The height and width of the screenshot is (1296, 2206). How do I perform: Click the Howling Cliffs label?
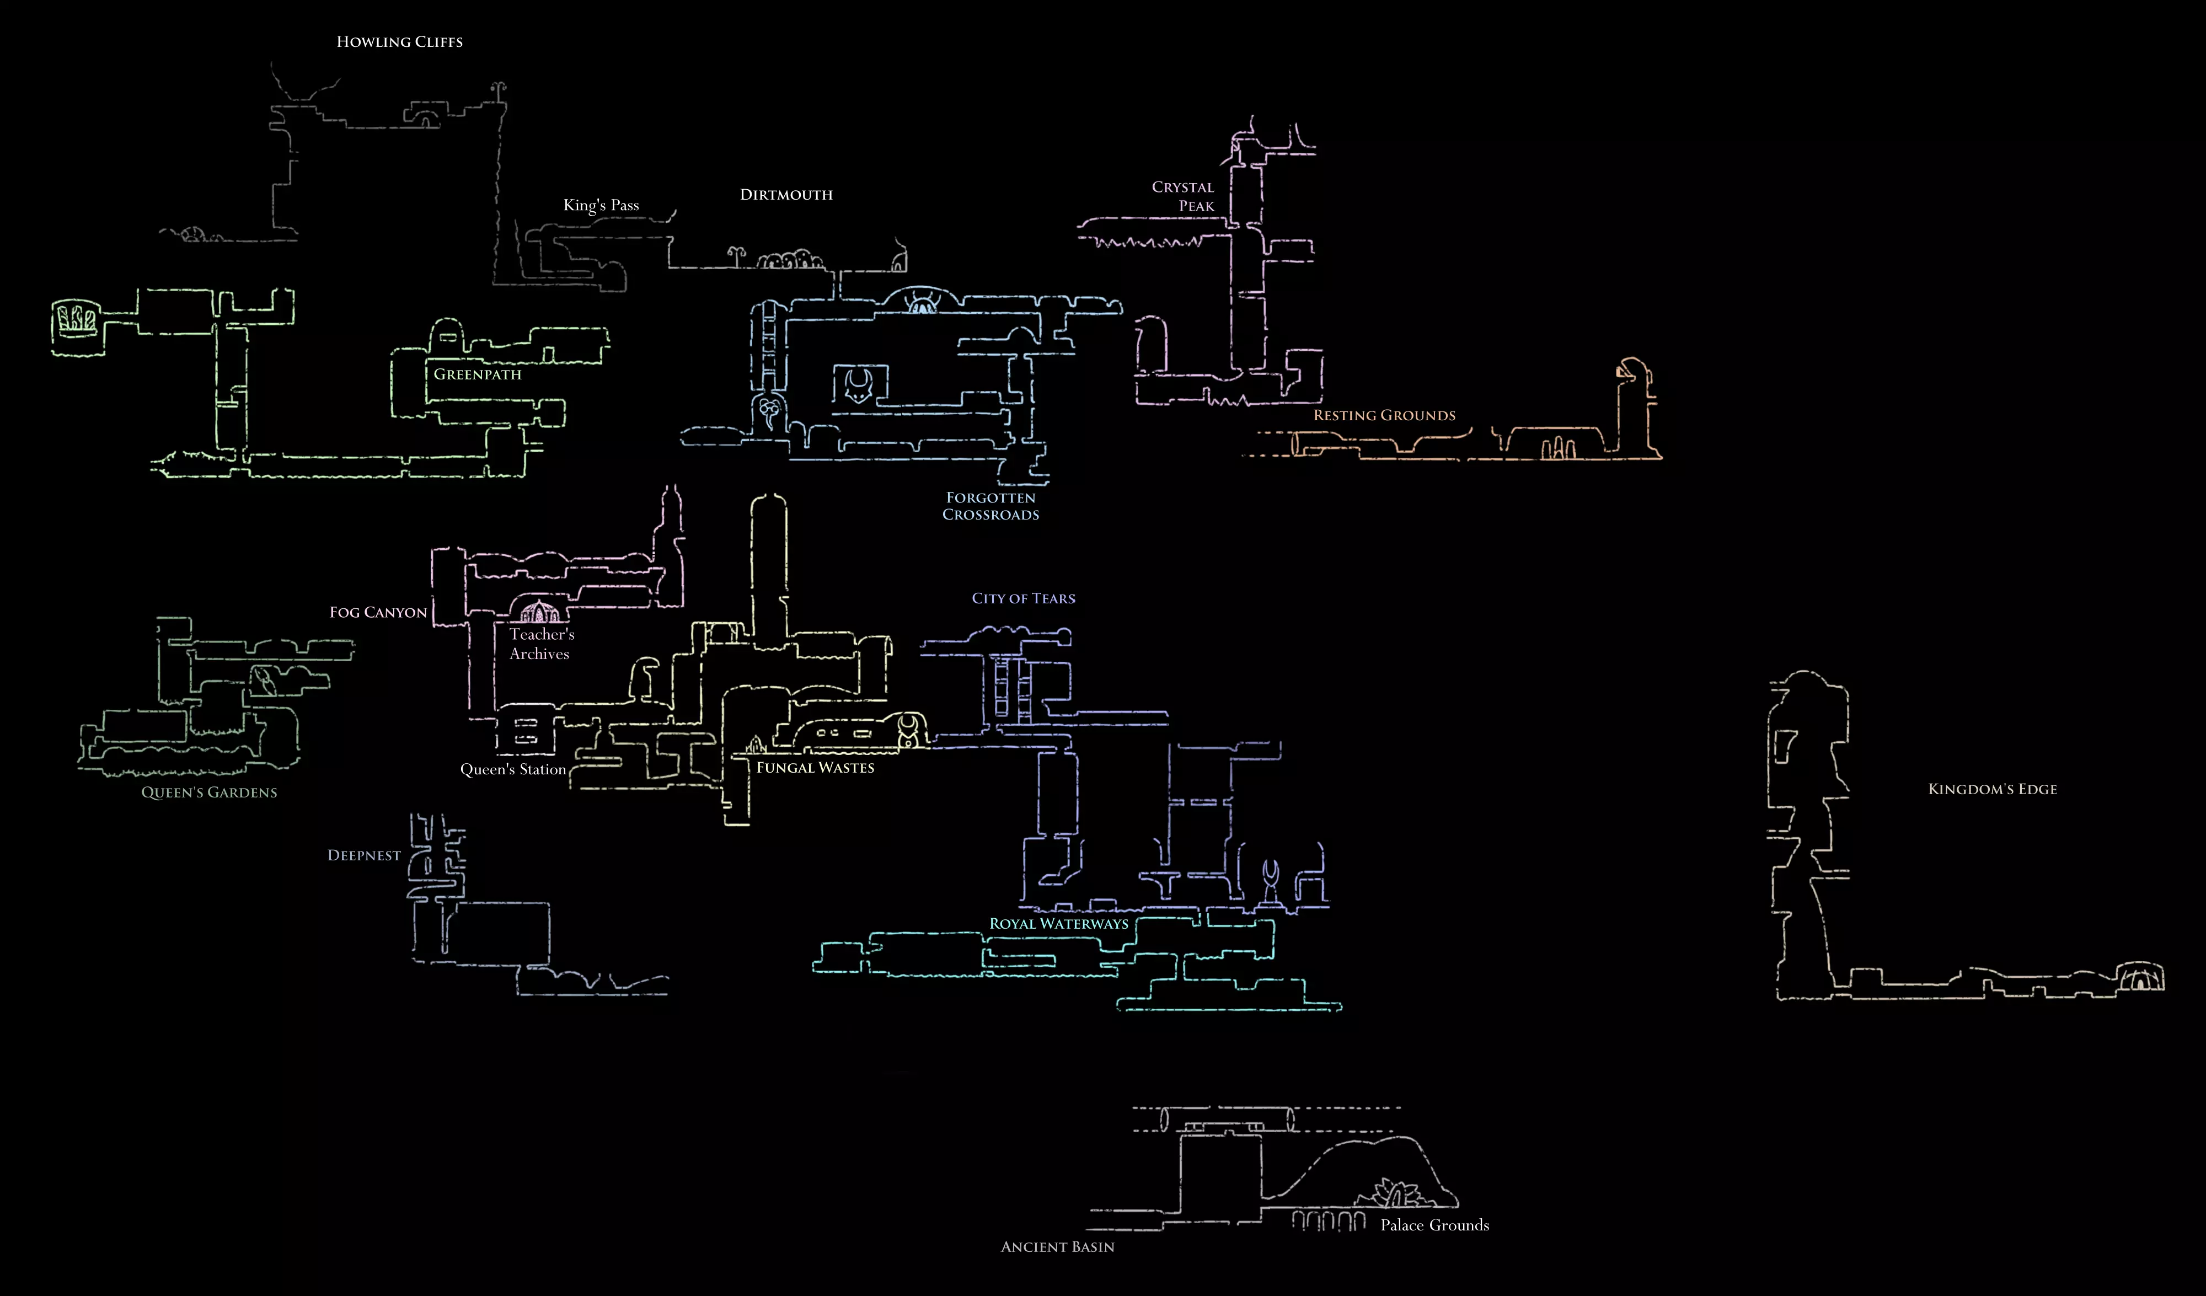[x=399, y=42]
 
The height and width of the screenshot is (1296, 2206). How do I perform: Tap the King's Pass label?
[x=601, y=205]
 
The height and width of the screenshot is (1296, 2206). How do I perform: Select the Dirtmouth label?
[x=786, y=194]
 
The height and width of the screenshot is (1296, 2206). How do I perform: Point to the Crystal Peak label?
[x=1184, y=196]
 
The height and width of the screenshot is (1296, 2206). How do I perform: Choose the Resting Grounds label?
[x=1384, y=415]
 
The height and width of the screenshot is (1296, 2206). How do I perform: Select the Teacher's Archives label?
[x=541, y=644]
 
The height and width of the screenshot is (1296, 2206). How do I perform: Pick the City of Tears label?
[x=1024, y=598]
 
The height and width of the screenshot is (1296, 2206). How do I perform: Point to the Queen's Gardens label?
[x=209, y=792]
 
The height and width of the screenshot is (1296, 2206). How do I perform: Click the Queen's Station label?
[x=513, y=770]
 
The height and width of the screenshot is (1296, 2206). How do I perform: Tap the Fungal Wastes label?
[x=815, y=768]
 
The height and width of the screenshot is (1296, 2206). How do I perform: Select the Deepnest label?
[x=364, y=855]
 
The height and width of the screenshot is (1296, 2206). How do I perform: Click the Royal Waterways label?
[x=1058, y=924]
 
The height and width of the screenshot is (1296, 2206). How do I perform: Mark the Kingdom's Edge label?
[x=1993, y=789]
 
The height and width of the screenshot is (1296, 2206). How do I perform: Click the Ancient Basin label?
[x=1057, y=1247]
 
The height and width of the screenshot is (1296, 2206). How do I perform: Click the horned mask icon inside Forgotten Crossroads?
[x=859, y=386]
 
